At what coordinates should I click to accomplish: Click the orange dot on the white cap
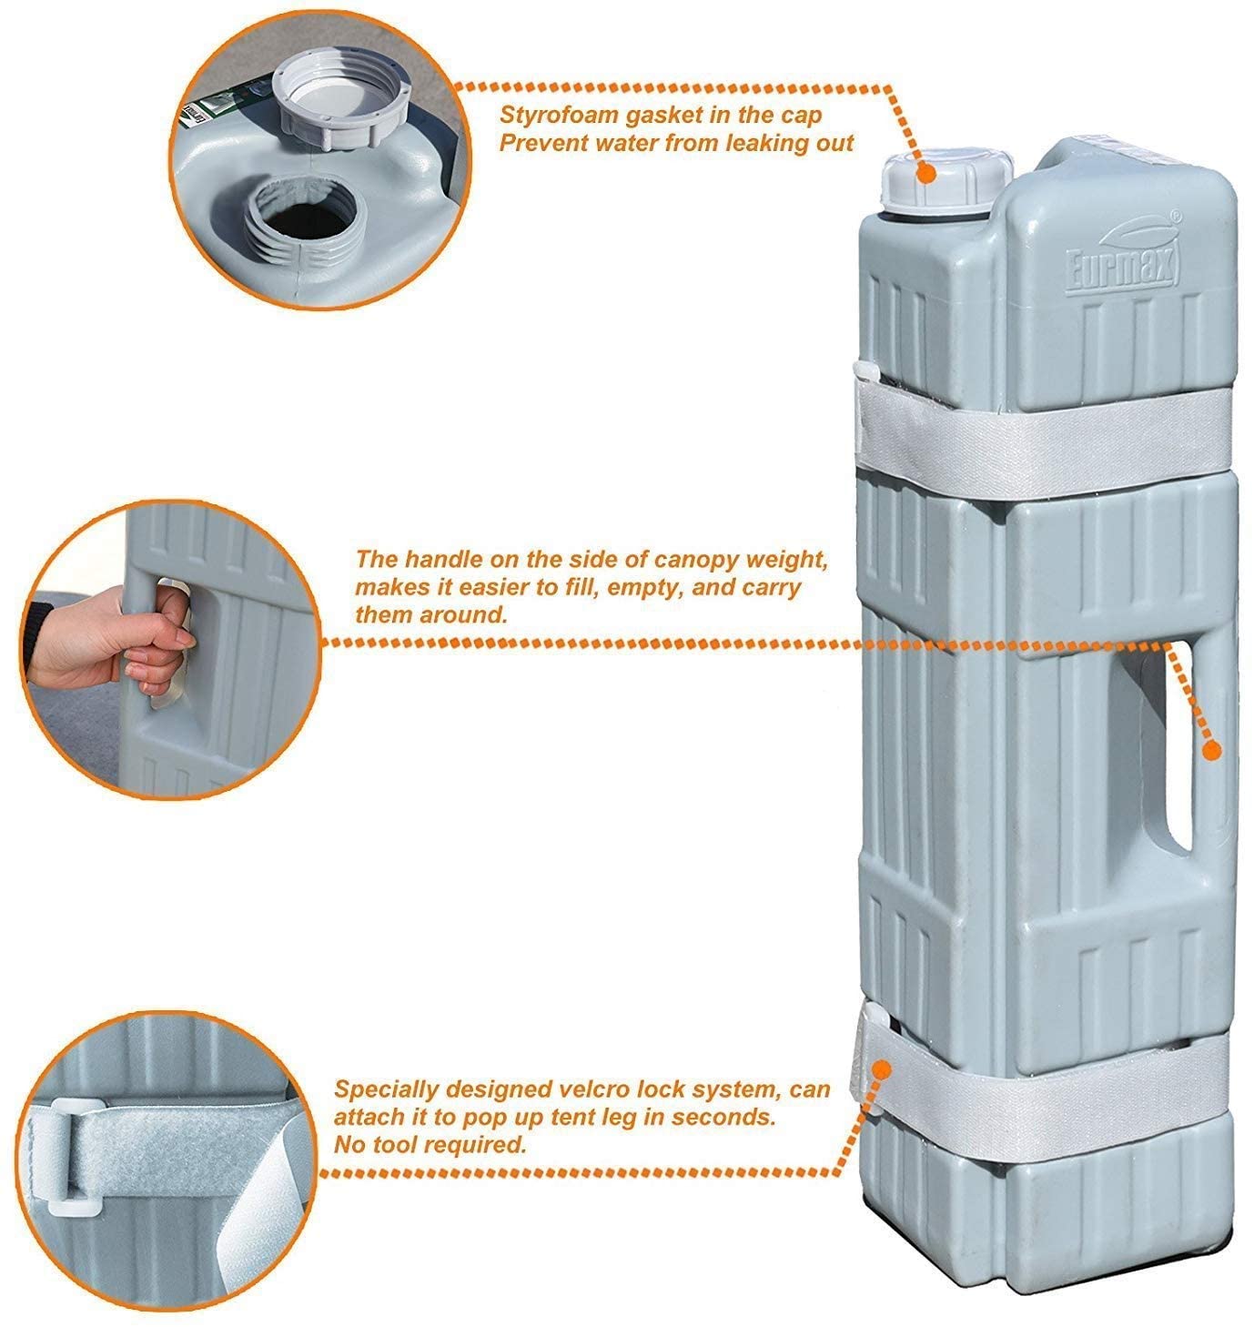coord(927,174)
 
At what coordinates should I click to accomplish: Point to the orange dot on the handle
coord(1212,750)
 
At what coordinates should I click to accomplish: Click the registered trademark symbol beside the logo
coord(1175,217)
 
